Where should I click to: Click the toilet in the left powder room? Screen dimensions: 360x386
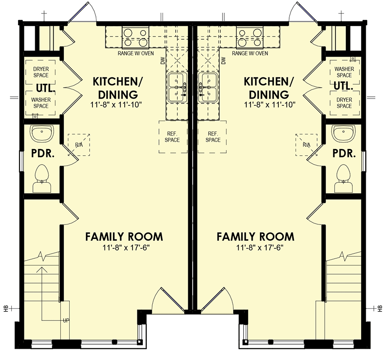[x=41, y=177]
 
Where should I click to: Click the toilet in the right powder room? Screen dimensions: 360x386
[x=344, y=177]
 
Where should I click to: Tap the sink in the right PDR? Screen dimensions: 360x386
[x=344, y=134]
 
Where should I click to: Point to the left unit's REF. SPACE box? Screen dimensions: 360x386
[x=173, y=137]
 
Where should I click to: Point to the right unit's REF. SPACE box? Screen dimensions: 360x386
[x=213, y=137]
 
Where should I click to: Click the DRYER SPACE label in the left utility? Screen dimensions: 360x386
[x=41, y=72]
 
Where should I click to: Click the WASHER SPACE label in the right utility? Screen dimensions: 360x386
[x=344, y=72]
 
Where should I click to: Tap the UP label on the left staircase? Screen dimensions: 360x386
[x=66, y=320]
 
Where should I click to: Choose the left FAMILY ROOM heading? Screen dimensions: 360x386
[x=124, y=237]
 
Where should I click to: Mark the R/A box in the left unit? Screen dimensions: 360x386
[x=79, y=145]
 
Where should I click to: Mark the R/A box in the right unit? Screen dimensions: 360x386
[x=306, y=145]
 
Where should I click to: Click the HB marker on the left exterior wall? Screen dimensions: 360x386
[x=6, y=309]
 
